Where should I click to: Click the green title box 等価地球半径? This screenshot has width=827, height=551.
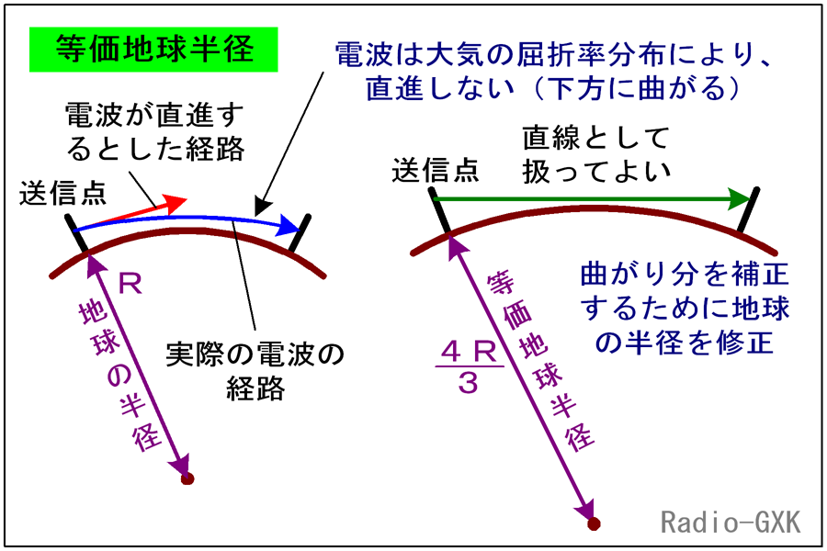pos(153,50)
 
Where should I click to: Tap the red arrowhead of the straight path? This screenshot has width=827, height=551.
pos(176,203)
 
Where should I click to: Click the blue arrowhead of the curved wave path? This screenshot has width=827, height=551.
pos(289,225)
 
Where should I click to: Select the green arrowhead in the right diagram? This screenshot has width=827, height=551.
pos(739,198)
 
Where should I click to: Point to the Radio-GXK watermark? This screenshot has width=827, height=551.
pos(731,522)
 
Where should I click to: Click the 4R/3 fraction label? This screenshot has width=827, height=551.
pos(469,367)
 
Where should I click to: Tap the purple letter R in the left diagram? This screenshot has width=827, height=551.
pos(130,284)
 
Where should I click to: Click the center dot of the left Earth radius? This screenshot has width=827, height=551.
pos(187,478)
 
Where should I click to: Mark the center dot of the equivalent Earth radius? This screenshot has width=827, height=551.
pos(594,523)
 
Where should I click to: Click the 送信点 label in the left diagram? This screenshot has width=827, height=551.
pos(63,194)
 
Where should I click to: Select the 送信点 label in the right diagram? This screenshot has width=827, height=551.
pos(436,170)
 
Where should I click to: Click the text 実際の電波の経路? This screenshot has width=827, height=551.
pos(255,371)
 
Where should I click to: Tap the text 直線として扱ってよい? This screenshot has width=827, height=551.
pos(596,155)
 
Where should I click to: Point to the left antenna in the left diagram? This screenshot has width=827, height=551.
pos(76,233)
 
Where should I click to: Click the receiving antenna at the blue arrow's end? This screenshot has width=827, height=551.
pos(300,233)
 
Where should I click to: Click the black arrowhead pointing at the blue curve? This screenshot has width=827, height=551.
pos(262,207)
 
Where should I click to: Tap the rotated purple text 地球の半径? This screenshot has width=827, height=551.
pos(119,377)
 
